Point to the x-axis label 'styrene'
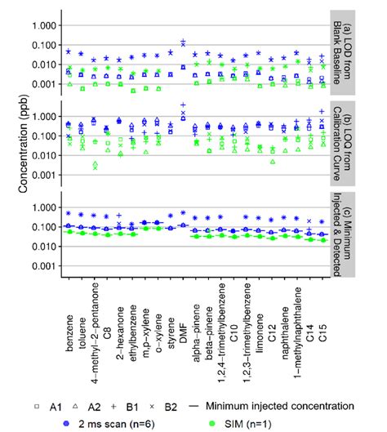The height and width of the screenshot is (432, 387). click(x=171, y=327)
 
